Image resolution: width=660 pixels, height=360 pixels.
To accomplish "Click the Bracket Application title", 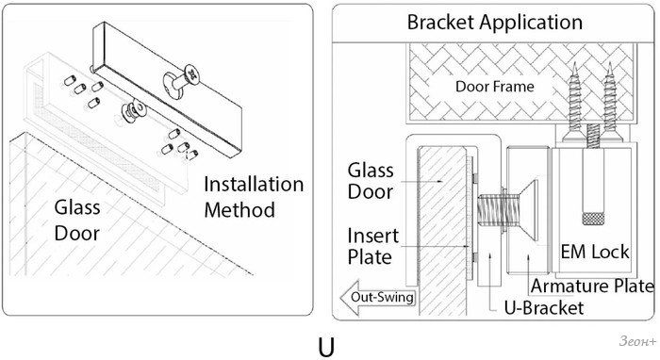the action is [x=495, y=23].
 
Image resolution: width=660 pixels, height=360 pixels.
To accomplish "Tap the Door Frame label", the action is [x=495, y=87].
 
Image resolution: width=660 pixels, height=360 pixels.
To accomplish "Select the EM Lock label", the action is [x=595, y=252].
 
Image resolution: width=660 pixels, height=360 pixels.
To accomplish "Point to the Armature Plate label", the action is [x=592, y=286].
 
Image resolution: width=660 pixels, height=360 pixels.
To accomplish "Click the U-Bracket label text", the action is [x=544, y=308].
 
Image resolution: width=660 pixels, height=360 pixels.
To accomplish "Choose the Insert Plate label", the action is [x=372, y=247].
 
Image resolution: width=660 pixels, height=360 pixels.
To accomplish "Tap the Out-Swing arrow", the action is [x=378, y=298].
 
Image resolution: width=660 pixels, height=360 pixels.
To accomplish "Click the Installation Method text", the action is [x=254, y=197].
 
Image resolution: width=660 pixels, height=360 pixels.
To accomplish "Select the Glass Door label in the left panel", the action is [x=77, y=221].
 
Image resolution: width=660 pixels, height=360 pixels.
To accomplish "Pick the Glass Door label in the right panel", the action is [x=371, y=181].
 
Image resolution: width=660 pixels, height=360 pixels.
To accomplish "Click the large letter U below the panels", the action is [x=326, y=347].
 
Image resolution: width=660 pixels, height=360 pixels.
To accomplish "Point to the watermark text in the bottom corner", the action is [x=637, y=341].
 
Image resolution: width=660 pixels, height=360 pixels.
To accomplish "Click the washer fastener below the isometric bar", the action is [x=134, y=110].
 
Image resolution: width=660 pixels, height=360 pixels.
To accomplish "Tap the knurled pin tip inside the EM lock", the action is [x=593, y=219].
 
